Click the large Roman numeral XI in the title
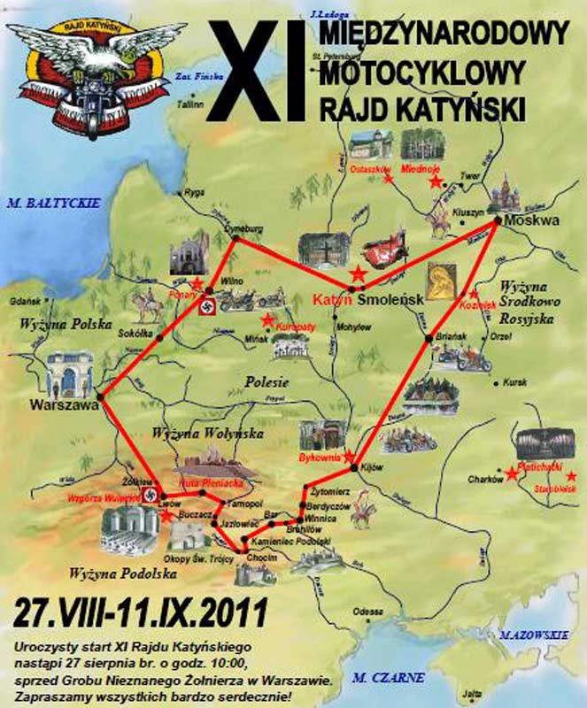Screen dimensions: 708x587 [265, 66]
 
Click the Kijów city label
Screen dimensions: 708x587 [372, 469]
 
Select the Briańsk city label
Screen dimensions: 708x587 [452, 337]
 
